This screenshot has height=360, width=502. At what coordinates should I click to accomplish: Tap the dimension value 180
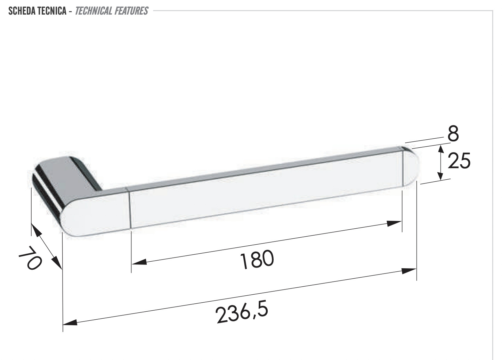(257, 260)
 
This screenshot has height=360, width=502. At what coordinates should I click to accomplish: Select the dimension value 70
(29, 258)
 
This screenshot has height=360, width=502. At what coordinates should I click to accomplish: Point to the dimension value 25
(459, 161)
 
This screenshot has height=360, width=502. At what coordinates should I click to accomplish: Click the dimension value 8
(453, 134)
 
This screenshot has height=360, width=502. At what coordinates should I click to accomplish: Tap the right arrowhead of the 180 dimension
(395, 223)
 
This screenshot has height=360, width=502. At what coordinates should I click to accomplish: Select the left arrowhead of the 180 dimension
(139, 262)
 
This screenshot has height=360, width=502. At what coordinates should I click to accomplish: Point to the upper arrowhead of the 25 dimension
(441, 149)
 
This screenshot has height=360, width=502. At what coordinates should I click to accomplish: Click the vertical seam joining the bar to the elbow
(130, 208)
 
